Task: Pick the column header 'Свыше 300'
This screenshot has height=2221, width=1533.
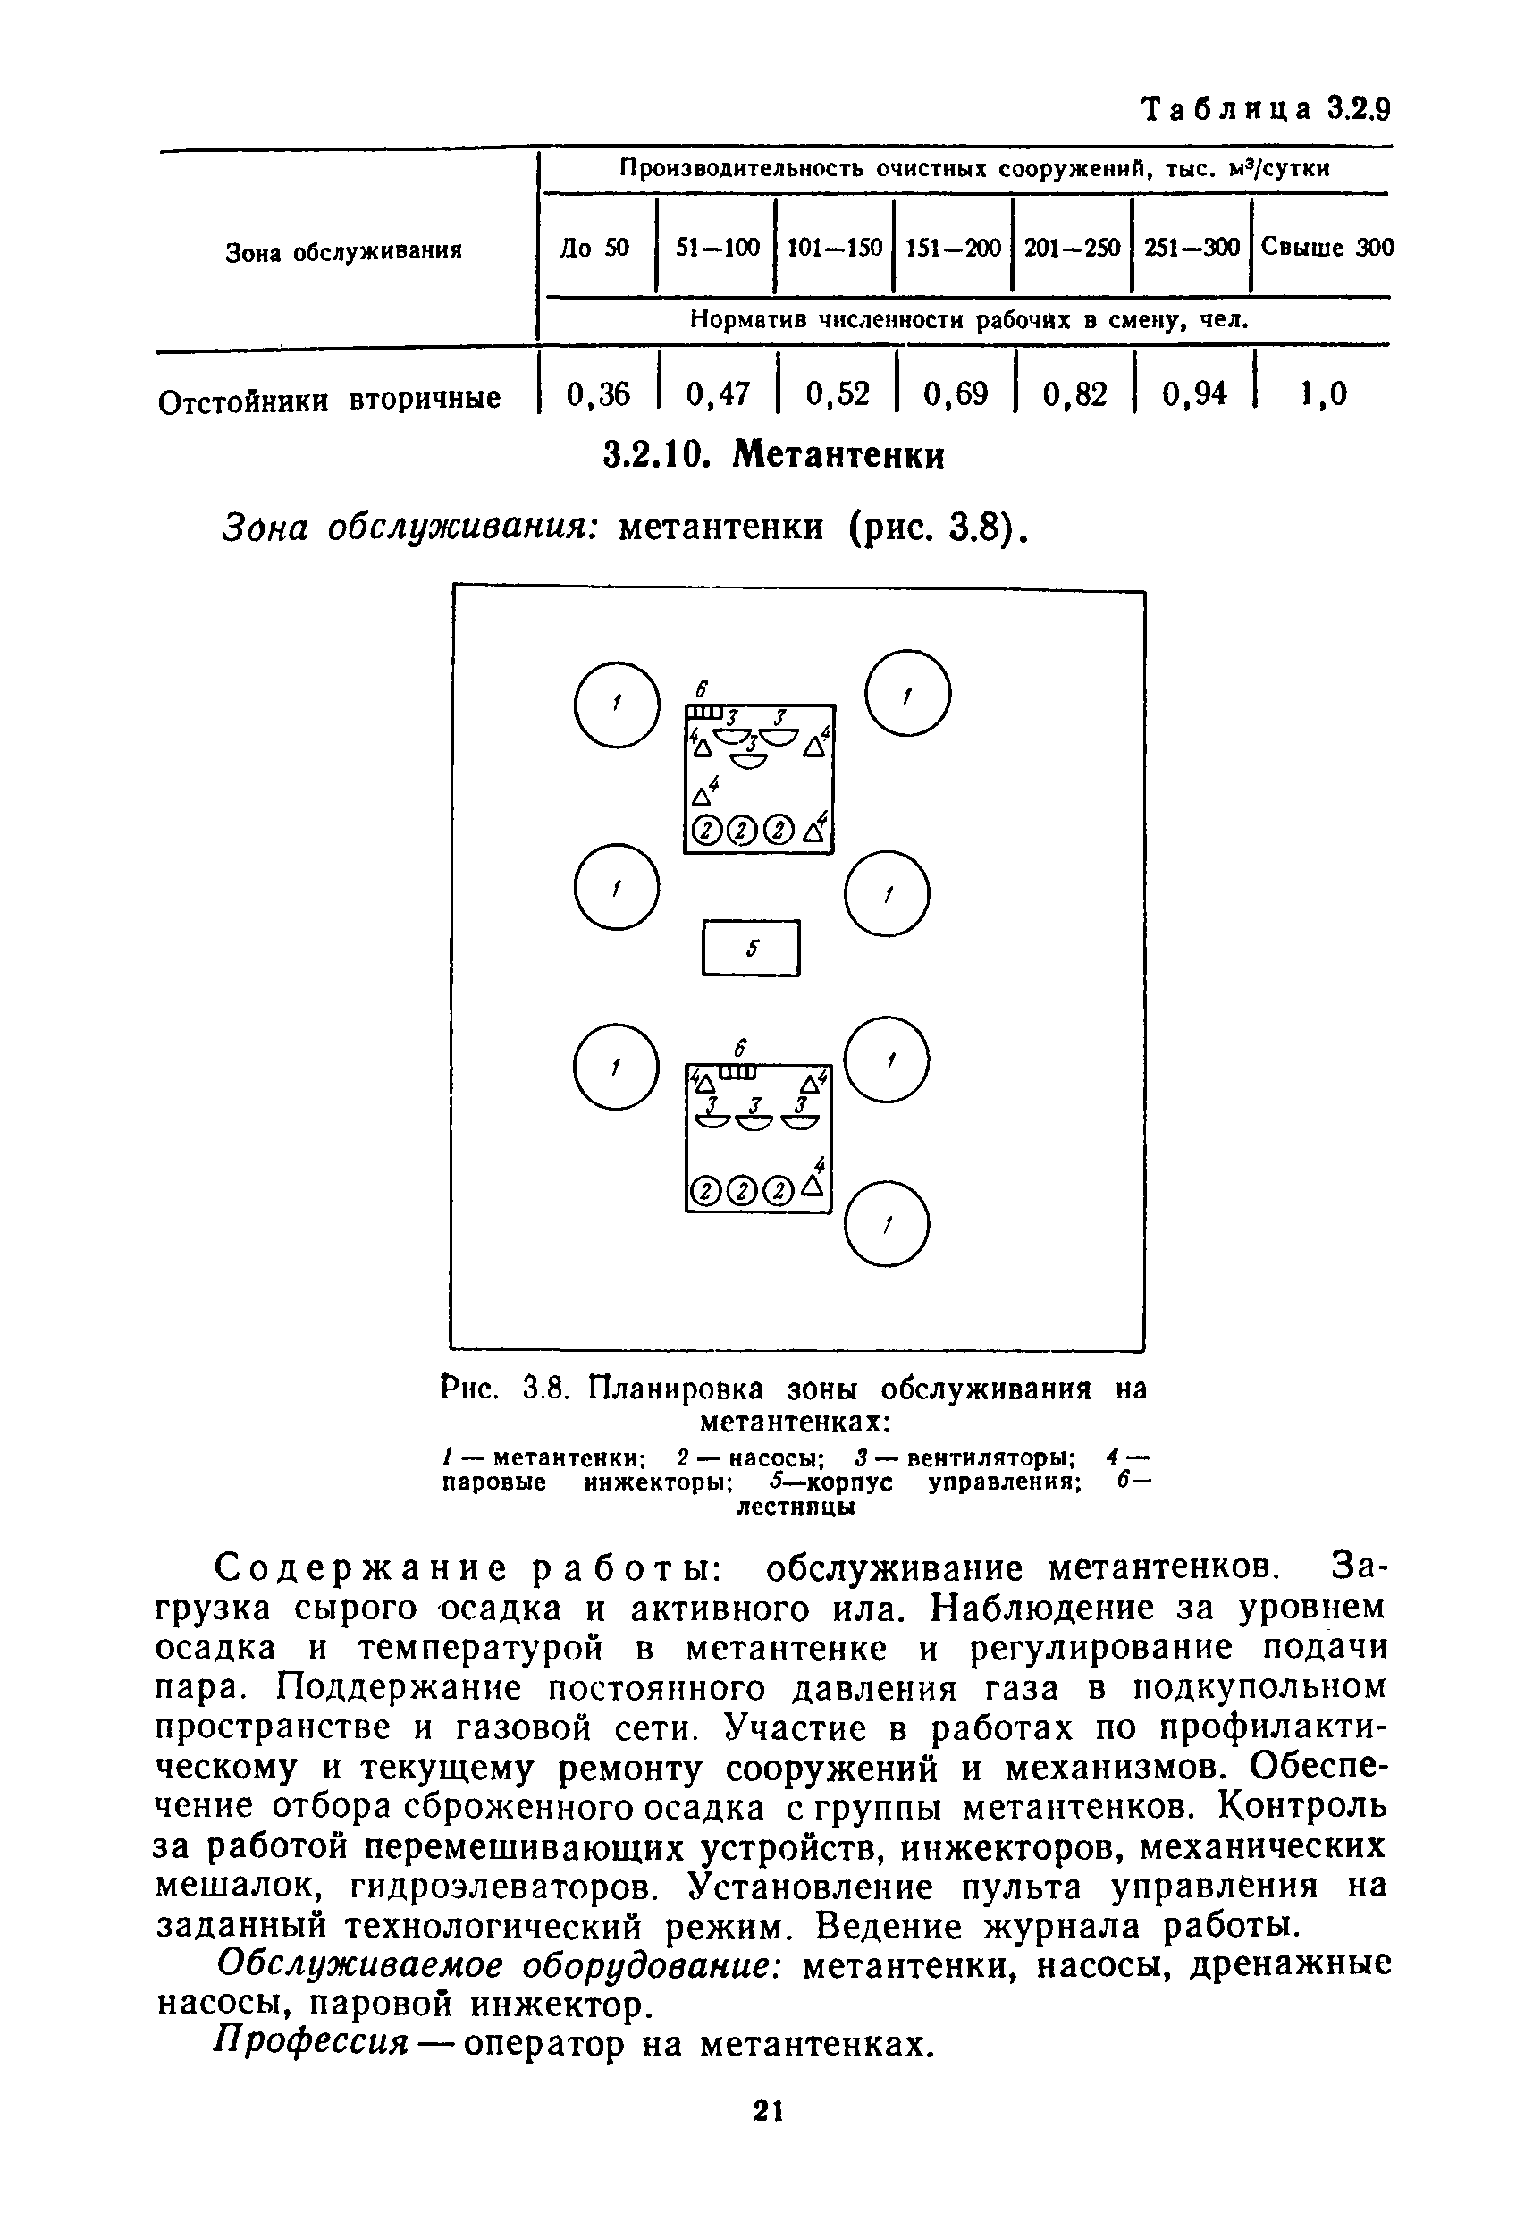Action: pos(1327,248)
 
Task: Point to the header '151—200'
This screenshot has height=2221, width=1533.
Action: pos(953,248)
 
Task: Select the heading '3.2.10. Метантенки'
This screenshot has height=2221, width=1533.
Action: pos(773,454)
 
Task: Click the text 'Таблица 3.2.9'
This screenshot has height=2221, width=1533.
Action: pos(1265,109)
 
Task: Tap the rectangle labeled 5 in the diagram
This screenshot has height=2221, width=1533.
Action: pos(751,948)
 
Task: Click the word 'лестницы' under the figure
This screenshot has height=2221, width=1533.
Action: pos(795,1507)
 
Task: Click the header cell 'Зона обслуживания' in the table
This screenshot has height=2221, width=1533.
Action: pos(343,251)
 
